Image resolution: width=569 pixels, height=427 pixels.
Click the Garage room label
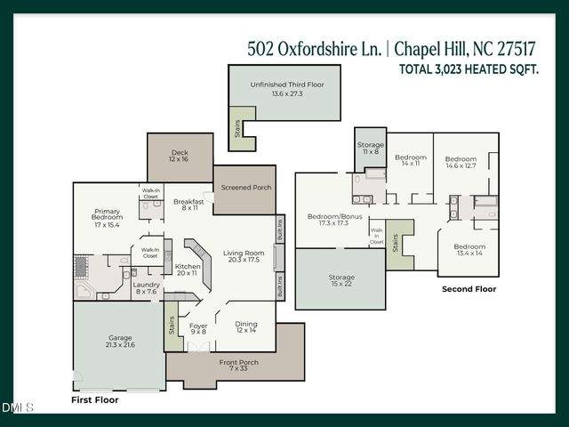120,341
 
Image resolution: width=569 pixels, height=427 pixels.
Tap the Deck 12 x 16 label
180,156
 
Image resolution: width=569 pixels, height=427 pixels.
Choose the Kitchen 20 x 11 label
188,270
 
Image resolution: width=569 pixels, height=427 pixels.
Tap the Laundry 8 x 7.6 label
147,287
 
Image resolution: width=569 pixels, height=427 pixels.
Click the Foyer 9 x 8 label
198,329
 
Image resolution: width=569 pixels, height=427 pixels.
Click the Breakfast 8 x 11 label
188,205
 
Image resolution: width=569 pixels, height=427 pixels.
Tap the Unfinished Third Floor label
286,88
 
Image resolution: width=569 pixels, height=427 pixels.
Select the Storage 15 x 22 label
341,281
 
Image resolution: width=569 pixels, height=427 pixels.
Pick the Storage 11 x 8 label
370,148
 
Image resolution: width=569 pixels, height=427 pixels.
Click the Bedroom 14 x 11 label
410,160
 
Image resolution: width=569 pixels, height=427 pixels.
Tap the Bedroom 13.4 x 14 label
469,250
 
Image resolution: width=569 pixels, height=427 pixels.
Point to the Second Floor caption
469,289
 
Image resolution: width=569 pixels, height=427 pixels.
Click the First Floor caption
94,400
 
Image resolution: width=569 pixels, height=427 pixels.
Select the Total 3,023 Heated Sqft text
469,68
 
